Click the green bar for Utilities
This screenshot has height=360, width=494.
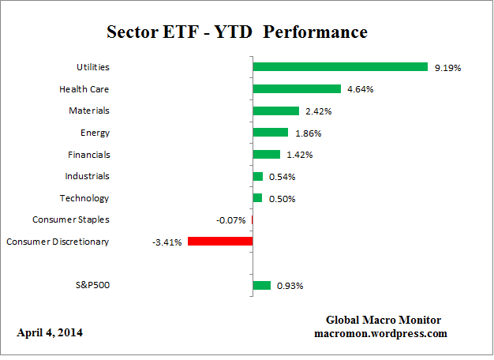pos(340,68)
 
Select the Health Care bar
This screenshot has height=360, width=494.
pos(297,89)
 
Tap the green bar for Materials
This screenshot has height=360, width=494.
pos(276,111)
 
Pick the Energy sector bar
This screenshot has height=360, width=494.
pos(271,133)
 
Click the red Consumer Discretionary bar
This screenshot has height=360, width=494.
pos(221,242)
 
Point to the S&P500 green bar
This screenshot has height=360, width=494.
pos(262,285)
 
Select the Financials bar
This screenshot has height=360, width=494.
pos(267,155)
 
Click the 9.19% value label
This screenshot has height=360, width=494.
pos(447,69)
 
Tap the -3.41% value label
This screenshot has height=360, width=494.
pos(167,242)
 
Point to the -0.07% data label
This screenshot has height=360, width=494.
pos(230,220)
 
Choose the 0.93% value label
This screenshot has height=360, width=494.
pos(290,286)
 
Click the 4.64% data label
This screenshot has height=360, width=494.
pos(361,90)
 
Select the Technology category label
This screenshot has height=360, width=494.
pos(84,198)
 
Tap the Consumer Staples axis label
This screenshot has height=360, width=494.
pos(71,219)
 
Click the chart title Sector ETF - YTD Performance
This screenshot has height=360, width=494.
pos(237,32)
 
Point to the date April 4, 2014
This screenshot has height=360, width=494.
pos(49,333)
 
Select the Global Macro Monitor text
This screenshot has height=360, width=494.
pos(384,320)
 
